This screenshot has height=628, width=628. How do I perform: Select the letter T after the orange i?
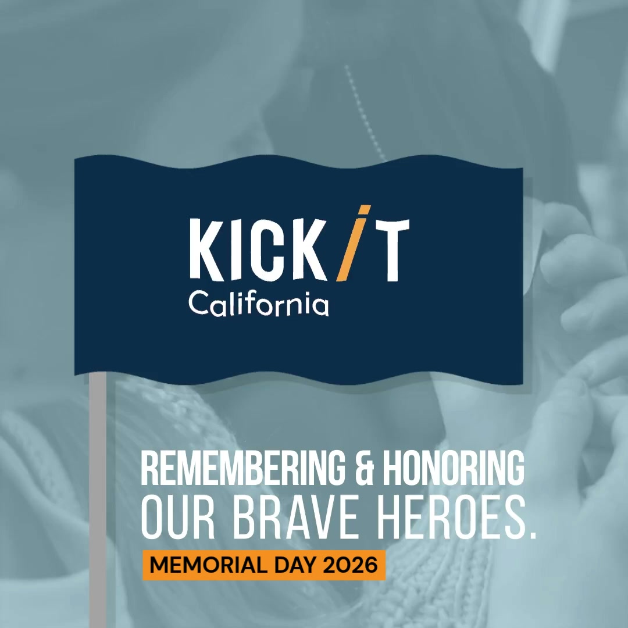point(391,250)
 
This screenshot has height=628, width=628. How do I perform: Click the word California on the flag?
point(259,304)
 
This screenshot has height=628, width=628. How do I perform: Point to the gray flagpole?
point(98,500)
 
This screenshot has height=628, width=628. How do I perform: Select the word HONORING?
point(454,468)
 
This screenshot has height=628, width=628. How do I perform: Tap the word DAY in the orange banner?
point(297,565)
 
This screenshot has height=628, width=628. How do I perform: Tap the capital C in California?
point(199,303)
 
